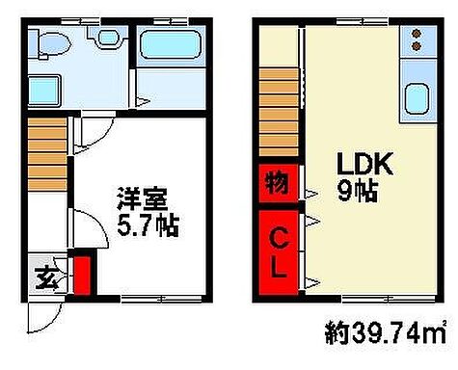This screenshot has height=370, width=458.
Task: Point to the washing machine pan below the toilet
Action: click(x=44, y=91)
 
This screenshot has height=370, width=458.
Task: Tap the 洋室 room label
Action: click(x=144, y=203)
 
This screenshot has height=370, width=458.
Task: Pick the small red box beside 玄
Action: click(x=82, y=275)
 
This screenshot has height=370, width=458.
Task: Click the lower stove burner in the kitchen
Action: click(x=417, y=45)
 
